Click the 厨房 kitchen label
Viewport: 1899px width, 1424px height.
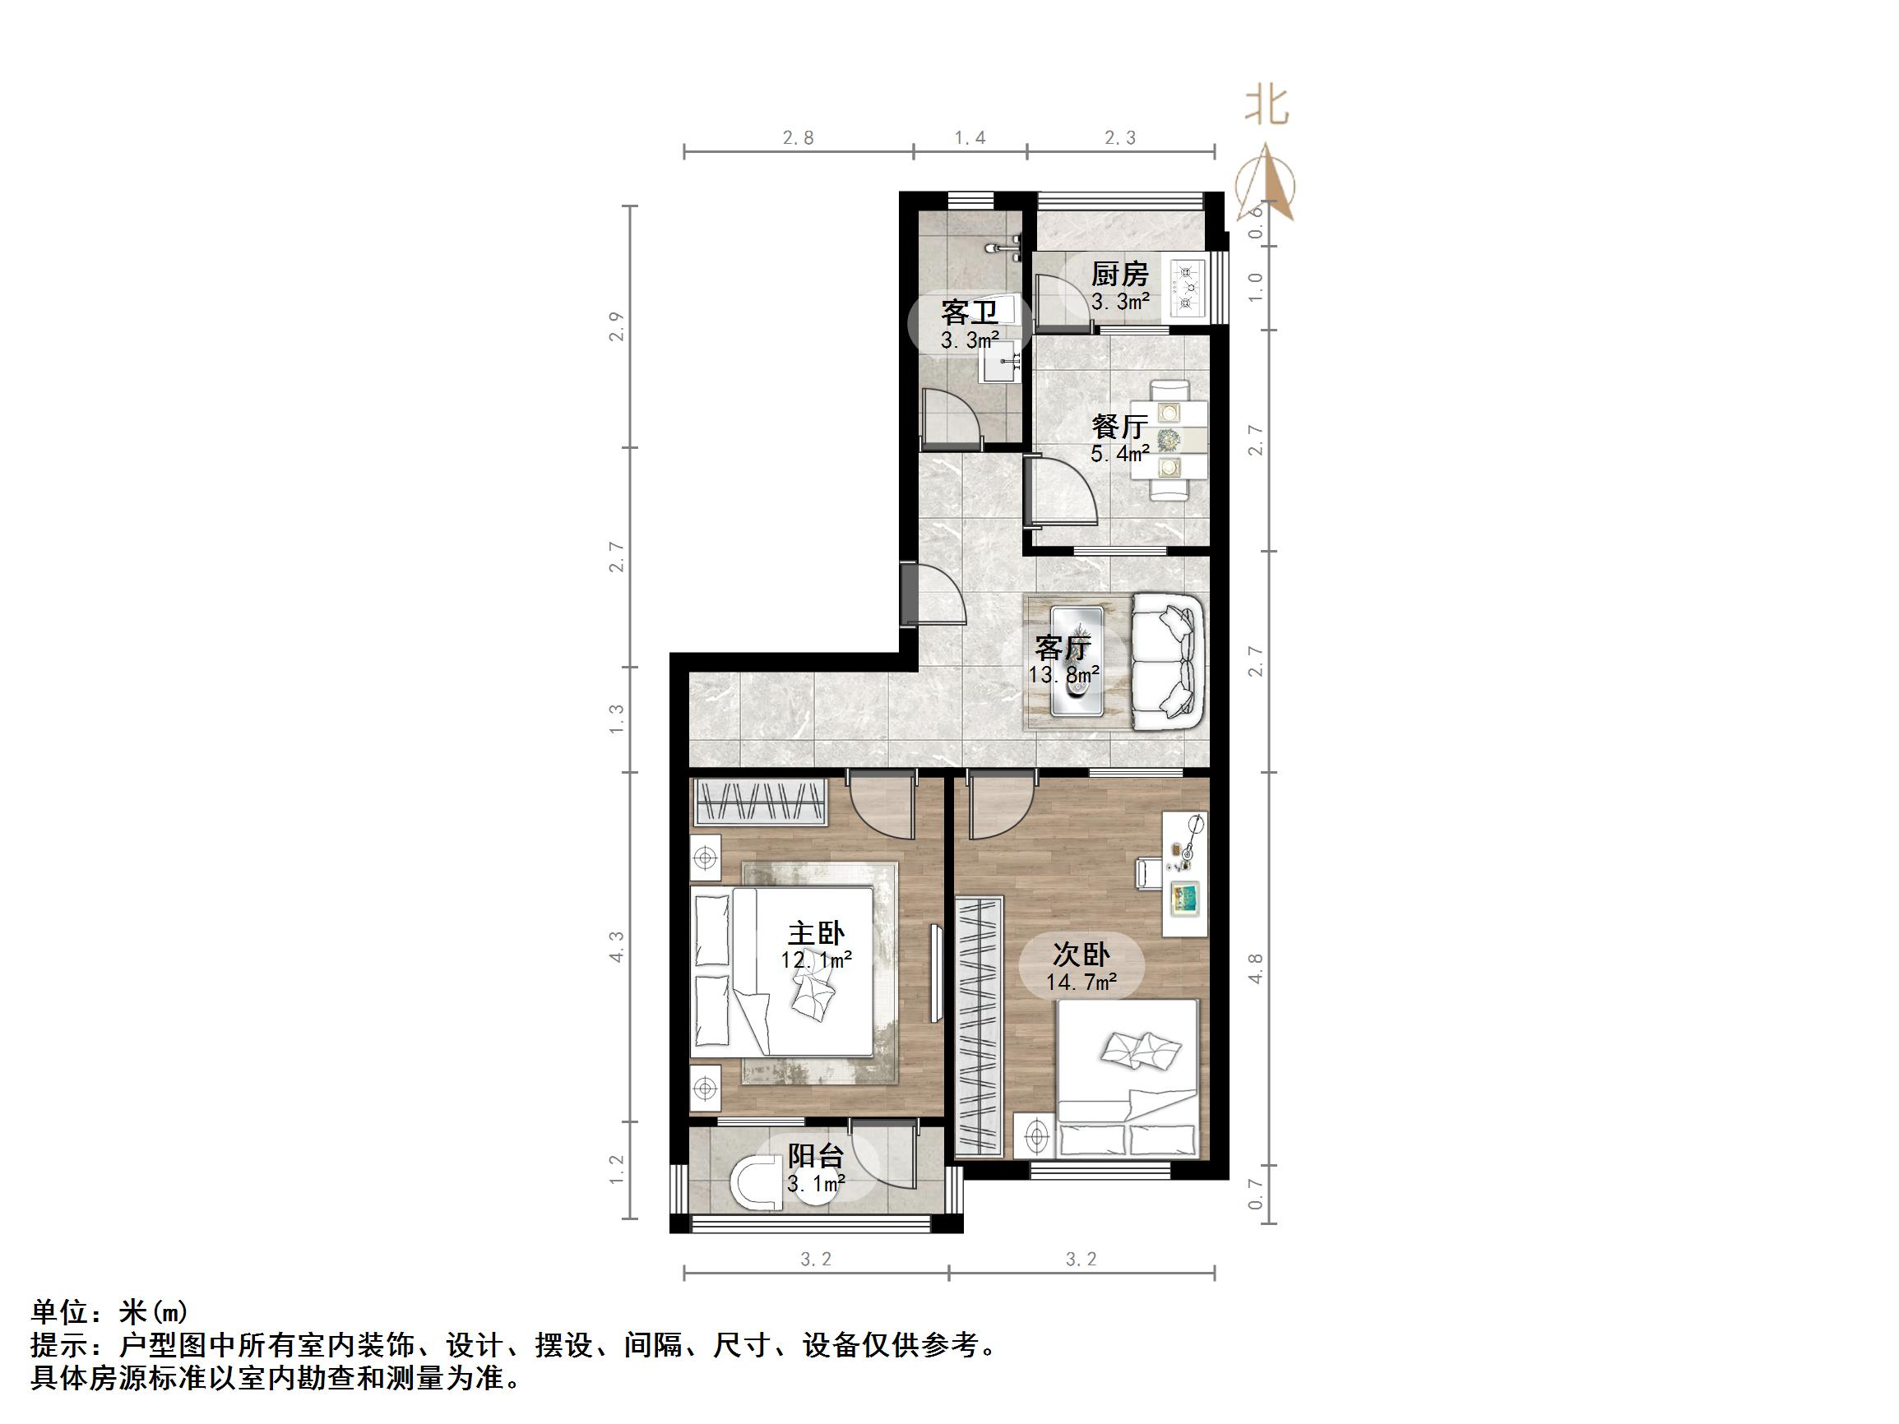coord(1119,275)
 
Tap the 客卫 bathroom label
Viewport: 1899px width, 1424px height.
coord(970,312)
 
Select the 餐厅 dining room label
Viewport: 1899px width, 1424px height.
coord(1119,427)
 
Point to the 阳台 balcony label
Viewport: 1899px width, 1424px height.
coord(816,1157)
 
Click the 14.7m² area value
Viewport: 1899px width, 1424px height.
coord(1081,982)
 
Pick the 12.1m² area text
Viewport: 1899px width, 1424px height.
coord(816,959)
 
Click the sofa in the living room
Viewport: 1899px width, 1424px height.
coord(1167,662)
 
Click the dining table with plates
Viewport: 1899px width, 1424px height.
coord(1169,441)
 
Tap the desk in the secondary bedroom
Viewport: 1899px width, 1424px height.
coord(1185,874)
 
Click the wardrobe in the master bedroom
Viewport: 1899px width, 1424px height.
coord(760,802)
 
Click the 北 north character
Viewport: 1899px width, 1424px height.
coord(1267,108)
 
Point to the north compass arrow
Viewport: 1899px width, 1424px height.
coord(1273,184)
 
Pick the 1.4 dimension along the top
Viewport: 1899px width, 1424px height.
coord(970,137)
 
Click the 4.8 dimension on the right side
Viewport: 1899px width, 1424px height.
coord(1255,969)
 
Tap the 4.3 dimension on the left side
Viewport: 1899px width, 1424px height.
coord(616,947)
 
